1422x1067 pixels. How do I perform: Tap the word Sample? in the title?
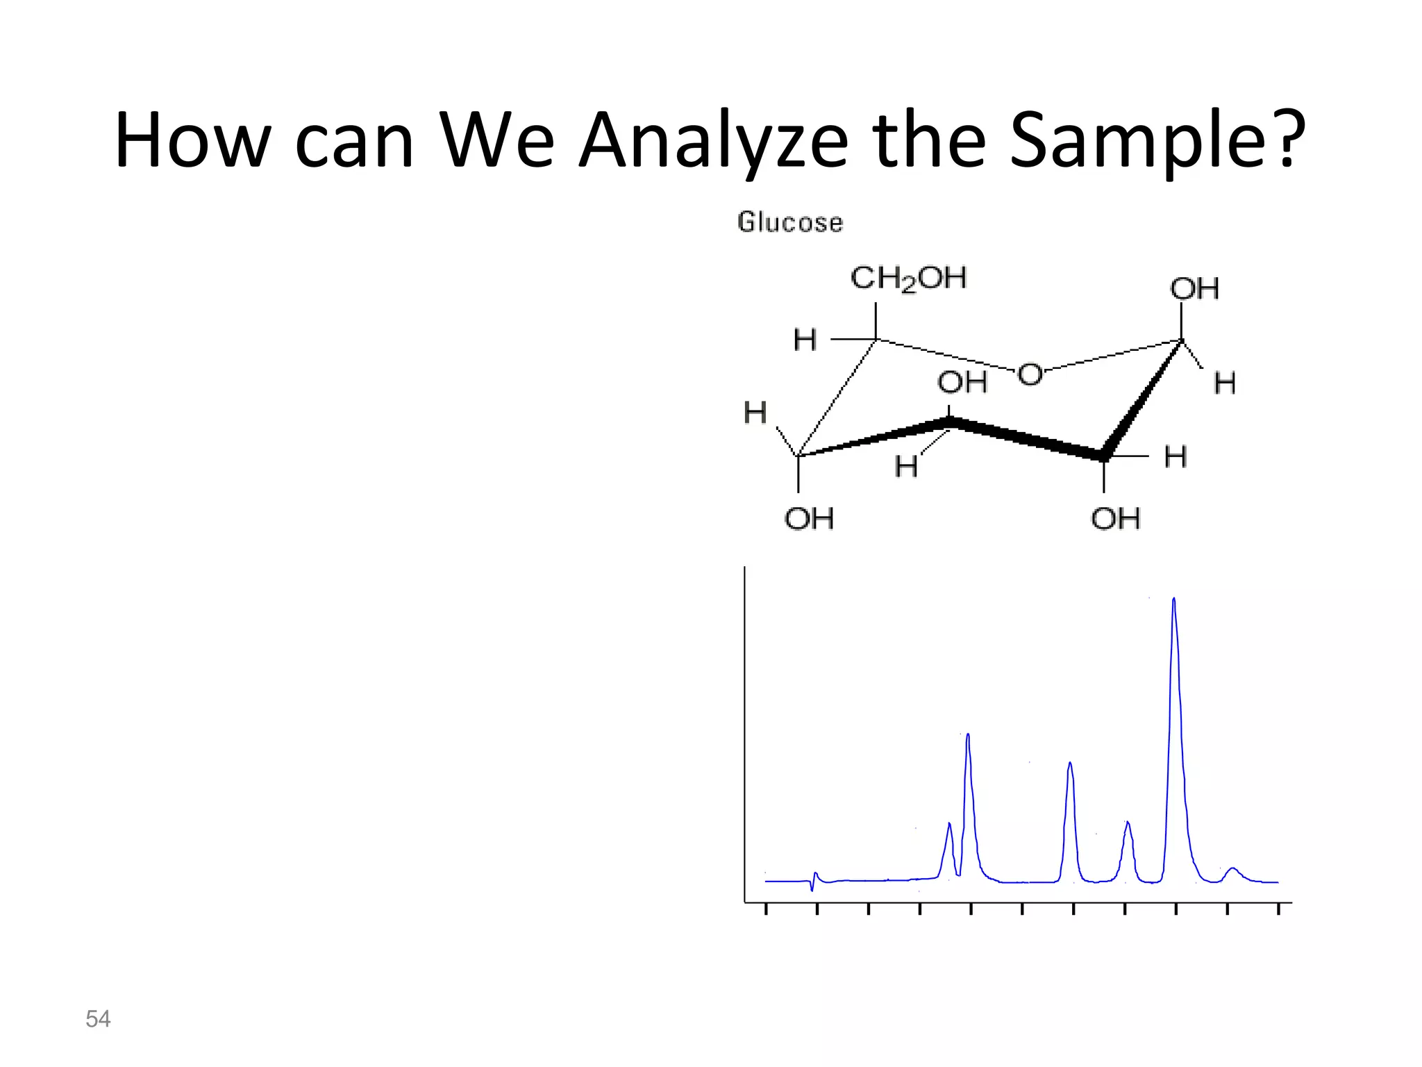point(1157,140)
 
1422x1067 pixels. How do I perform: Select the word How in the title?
point(192,140)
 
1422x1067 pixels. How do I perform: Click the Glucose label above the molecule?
point(790,222)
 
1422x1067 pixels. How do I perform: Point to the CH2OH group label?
point(908,279)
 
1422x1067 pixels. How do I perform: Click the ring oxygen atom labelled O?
point(1030,375)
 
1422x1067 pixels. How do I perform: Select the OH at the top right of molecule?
point(1194,289)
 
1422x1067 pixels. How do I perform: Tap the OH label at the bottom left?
point(809,518)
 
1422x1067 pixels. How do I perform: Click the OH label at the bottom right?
point(1115,518)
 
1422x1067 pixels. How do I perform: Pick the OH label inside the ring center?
point(962,382)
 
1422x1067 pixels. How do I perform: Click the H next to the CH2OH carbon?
point(805,340)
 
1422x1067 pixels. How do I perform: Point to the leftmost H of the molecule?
point(755,413)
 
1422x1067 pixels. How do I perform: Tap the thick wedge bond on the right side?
point(1142,399)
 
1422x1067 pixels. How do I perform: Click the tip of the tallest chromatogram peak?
point(1173,599)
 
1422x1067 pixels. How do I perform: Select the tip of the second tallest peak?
point(968,735)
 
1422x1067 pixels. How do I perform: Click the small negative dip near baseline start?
point(812,889)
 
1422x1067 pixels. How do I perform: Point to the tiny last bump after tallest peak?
point(1232,868)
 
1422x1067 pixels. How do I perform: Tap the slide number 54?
point(98,1019)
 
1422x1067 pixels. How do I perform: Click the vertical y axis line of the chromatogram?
point(745,729)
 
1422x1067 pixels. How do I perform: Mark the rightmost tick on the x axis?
point(1278,909)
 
